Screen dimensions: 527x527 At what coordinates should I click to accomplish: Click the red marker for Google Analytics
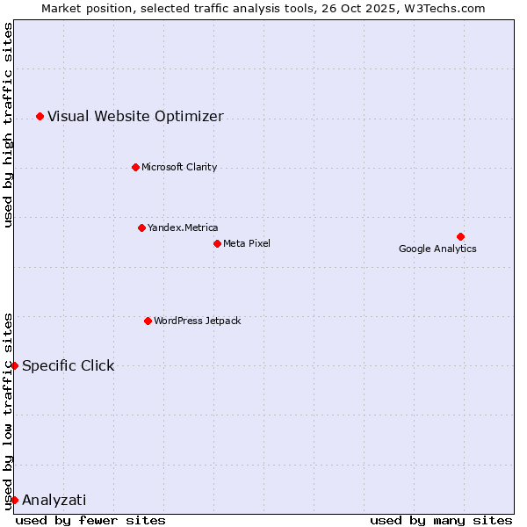(460, 236)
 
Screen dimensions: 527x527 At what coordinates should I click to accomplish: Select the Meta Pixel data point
(217, 243)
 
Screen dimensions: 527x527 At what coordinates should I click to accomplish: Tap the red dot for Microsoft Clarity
(135, 167)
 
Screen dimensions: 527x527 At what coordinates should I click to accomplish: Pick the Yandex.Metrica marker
(141, 227)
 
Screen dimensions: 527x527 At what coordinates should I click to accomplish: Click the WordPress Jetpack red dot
(148, 321)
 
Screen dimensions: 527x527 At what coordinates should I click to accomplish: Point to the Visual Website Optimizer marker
(40, 116)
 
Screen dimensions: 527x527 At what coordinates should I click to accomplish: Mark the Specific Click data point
(14, 365)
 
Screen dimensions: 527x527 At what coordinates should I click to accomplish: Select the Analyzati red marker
(14, 500)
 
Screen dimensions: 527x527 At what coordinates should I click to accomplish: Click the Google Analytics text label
(437, 249)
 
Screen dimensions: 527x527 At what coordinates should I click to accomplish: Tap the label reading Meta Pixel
(247, 243)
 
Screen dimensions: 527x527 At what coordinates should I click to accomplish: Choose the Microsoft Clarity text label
(179, 167)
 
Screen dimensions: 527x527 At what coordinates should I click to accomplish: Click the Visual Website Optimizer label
(135, 116)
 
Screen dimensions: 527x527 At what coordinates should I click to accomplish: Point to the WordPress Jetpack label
(197, 321)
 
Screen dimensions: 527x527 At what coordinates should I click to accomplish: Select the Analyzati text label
(54, 500)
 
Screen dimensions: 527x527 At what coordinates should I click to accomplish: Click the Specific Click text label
(69, 365)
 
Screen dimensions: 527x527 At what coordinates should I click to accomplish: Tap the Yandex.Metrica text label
(183, 227)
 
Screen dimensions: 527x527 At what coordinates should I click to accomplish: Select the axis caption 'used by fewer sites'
(90, 520)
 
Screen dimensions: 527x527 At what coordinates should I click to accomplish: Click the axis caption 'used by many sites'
(441, 520)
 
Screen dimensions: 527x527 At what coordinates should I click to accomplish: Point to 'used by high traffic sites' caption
(8, 125)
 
